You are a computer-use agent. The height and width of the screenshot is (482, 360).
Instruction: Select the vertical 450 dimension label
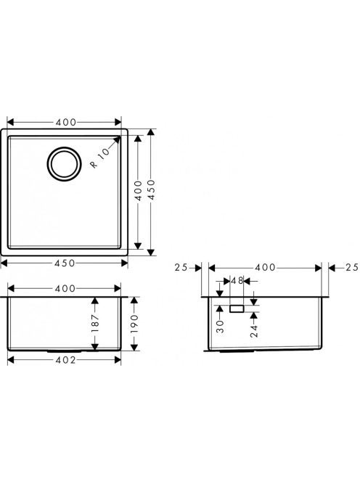(152, 190)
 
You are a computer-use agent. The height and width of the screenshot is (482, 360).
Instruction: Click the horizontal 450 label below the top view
(65, 263)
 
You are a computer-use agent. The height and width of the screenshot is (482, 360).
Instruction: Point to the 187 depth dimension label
(95, 323)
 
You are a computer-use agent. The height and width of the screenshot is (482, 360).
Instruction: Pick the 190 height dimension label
(134, 324)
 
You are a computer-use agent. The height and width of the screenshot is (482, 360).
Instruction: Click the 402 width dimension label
(65, 360)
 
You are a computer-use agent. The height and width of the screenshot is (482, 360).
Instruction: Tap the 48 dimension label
(237, 281)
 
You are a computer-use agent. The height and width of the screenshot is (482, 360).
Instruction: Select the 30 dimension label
(220, 327)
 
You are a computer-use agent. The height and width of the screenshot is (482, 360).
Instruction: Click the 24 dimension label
(254, 331)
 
